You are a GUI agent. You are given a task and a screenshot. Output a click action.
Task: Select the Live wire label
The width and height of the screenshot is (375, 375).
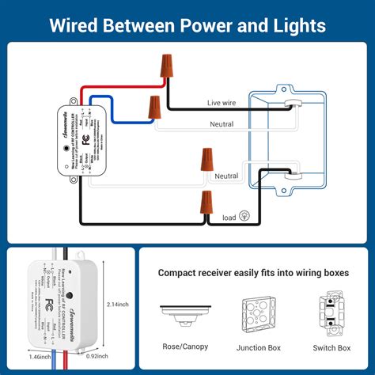pyautogui.click(x=223, y=103)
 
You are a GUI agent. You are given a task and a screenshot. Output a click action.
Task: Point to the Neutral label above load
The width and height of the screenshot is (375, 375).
pyautogui.click(x=227, y=176)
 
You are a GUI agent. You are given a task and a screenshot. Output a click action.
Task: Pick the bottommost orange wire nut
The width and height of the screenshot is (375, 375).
pyautogui.click(x=207, y=204)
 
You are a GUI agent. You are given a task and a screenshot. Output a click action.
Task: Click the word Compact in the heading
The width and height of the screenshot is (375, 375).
pyautogui.click(x=182, y=273)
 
